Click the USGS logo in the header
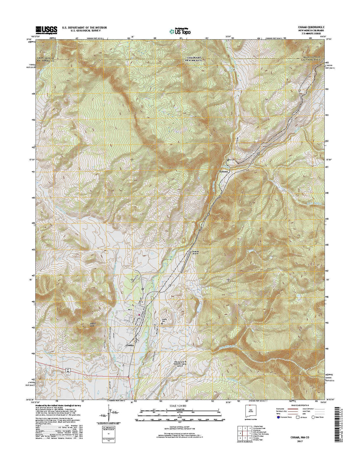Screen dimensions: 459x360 [47, 29]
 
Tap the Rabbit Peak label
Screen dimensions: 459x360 [83, 325]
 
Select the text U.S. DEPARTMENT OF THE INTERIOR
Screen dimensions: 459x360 [84, 28]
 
